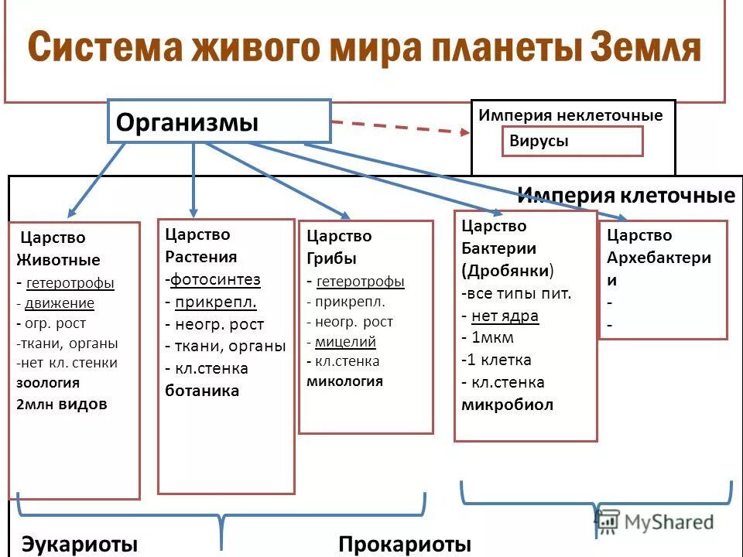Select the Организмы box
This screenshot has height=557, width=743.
coord(219,121)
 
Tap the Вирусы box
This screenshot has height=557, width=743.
coord(572,142)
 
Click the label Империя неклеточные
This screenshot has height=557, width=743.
coord(570,115)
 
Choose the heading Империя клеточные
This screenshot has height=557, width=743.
coord(625,196)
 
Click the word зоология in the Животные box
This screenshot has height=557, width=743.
coord(48,382)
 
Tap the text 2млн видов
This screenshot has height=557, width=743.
coord(62,404)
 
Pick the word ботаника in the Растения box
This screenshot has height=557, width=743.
coord(202,391)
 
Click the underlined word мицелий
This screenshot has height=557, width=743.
coord(346,341)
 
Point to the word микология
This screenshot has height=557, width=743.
coord(345,381)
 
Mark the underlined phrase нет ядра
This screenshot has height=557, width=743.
coord(505,316)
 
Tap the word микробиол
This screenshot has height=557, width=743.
coord(507,405)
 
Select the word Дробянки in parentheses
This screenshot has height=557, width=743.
coord(508,271)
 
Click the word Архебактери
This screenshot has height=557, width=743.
coord(659,258)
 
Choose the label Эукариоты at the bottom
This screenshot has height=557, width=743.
coord(74,544)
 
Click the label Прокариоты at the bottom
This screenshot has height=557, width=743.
coord(405,544)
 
